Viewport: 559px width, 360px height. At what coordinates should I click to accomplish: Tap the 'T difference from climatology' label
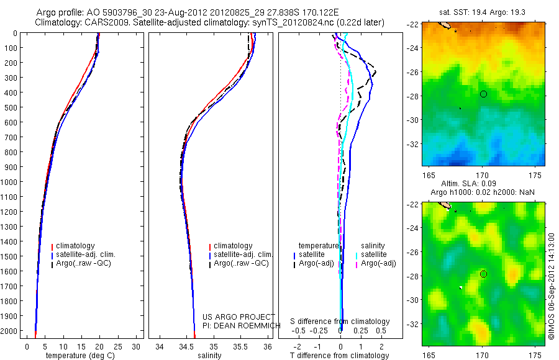tap(340, 356)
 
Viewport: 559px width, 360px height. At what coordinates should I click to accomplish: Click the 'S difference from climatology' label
tap(340, 322)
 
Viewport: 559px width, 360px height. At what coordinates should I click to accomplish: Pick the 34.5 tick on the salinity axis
tap(186, 346)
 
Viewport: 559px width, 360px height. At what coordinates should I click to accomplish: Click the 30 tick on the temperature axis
tap(137, 346)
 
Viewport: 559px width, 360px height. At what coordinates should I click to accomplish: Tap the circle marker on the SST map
tap(483, 94)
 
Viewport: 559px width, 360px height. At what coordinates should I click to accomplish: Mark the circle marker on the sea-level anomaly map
tap(483, 274)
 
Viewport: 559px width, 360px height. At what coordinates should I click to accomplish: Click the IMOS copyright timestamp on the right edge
tap(552, 287)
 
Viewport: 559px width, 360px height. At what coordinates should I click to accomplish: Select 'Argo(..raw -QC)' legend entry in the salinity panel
tap(240, 263)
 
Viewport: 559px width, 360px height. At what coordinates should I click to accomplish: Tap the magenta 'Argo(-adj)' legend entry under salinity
tap(379, 263)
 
